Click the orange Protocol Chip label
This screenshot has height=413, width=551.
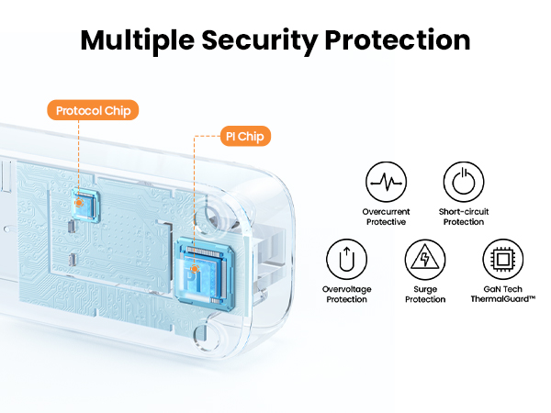point(94,111)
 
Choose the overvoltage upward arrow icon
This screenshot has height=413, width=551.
point(345,260)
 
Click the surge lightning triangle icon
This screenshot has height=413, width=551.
point(424,260)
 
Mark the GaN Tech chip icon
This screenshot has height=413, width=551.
point(503,260)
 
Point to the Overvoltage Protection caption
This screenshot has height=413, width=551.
point(345,295)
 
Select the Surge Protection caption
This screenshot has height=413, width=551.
point(424,295)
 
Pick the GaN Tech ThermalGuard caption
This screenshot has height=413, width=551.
point(503,295)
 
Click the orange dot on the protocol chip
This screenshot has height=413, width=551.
point(81,200)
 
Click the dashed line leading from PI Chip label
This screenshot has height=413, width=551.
point(196,184)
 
